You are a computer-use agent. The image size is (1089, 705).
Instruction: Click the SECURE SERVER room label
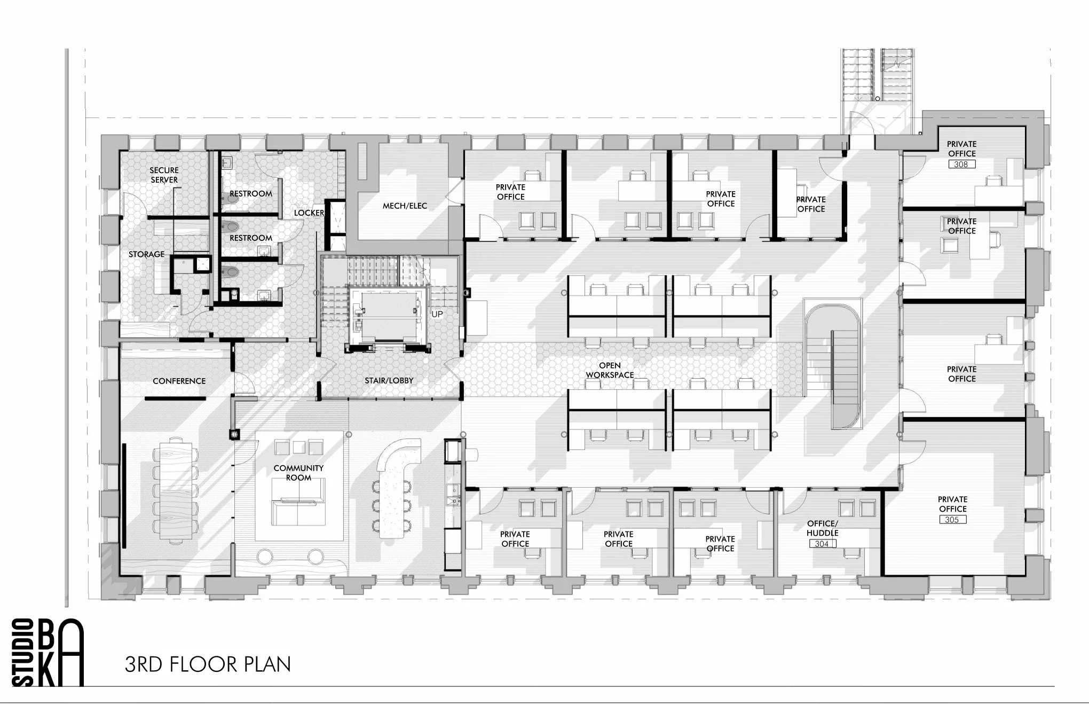164,175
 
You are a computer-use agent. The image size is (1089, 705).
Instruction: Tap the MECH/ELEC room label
405,206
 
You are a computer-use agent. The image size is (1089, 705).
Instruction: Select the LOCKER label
309,213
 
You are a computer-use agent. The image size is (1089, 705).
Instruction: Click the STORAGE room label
146,254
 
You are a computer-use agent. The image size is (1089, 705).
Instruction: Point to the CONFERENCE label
179,381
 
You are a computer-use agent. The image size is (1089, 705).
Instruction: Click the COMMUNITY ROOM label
298,473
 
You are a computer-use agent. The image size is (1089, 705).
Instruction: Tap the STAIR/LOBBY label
389,381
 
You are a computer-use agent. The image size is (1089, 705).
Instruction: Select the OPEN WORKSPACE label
610,370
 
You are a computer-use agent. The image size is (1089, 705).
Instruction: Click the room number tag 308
961,164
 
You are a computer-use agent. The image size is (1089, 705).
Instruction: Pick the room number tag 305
952,519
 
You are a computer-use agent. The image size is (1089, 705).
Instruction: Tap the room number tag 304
822,544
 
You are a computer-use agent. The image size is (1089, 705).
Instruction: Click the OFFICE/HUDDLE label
822,528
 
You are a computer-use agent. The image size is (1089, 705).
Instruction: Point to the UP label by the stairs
437,314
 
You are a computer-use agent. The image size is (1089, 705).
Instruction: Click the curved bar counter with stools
396,481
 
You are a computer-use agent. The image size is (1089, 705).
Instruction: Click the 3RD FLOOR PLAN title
208,664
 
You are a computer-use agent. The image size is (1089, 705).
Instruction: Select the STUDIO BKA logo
48,653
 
